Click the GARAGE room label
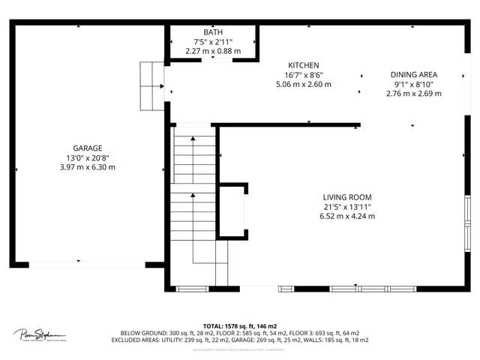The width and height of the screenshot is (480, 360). (x=88, y=148)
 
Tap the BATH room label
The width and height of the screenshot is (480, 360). (x=213, y=31)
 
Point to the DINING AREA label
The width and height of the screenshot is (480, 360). (x=413, y=75)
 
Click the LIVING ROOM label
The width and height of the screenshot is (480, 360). (x=347, y=197)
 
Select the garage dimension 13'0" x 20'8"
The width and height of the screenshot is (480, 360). (x=88, y=157)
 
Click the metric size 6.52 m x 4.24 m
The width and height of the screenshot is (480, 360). (x=347, y=216)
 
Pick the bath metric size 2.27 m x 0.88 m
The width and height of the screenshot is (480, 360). (x=213, y=51)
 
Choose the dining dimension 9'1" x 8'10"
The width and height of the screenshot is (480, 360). (x=413, y=84)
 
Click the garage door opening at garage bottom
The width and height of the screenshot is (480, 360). (x=87, y=265)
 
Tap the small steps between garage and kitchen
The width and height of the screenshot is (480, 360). (x=152, y=85)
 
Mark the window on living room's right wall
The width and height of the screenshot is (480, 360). (x=466, y=225)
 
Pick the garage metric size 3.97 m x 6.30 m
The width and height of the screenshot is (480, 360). (x=88, y=167)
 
